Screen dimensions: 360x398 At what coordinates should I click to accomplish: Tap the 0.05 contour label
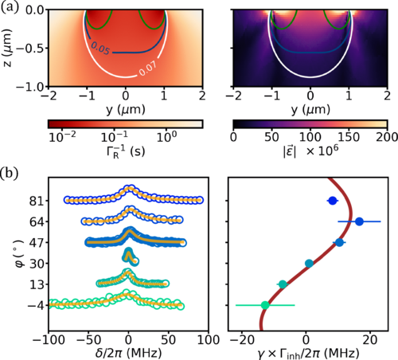pyautogui.click(x=100, y=49)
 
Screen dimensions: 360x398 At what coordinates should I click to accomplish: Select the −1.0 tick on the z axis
pyautogui.click(x=28, y=86)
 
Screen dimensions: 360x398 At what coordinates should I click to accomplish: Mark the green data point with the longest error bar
pyautogui.click(x=265, y=305)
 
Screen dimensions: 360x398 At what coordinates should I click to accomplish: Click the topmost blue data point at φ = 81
pyautogui.click(x=333, y=201)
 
